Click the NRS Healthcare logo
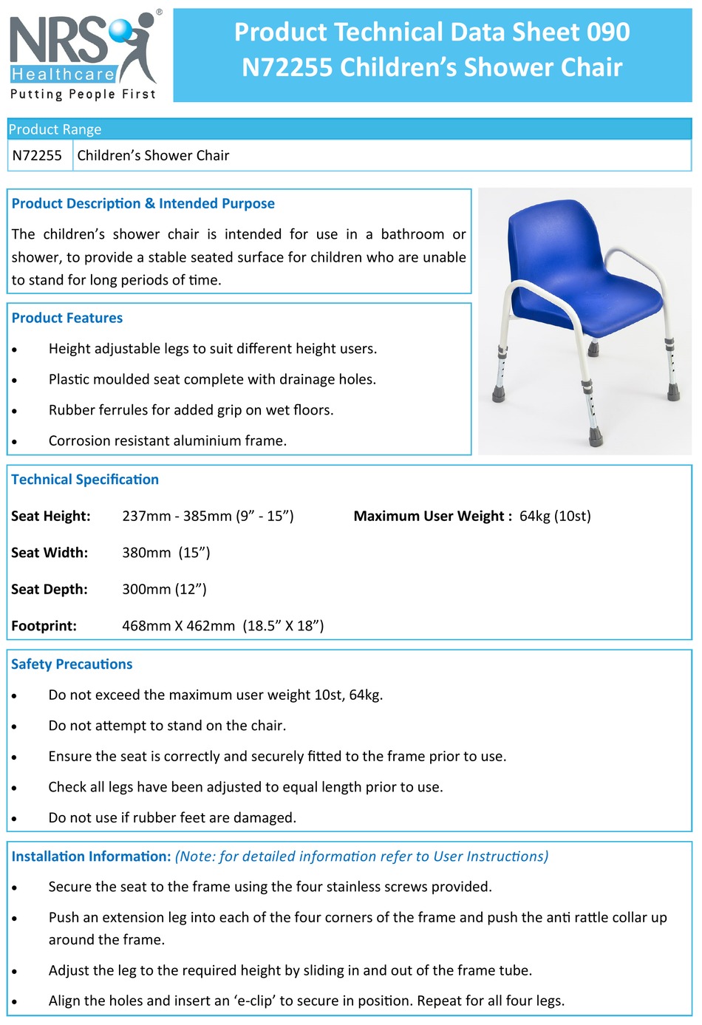pos(83,48)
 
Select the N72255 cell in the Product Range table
pos(37,156)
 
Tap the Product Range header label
pos(55,129)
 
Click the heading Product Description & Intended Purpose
pos(143,204)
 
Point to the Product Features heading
pos(67,319)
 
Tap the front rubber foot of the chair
pos(596,440)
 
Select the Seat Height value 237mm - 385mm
pos(208,517)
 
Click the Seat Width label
pos(50,553)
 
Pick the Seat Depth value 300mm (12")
pos(164,590)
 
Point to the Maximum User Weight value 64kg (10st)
pos(555,517)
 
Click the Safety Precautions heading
pos(72,664)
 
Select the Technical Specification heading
pos(85,480)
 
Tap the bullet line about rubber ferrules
pos(191,410)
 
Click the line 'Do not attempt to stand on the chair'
pos(167,726)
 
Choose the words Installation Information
pos(91,857)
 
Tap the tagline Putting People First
pos(83,95)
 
